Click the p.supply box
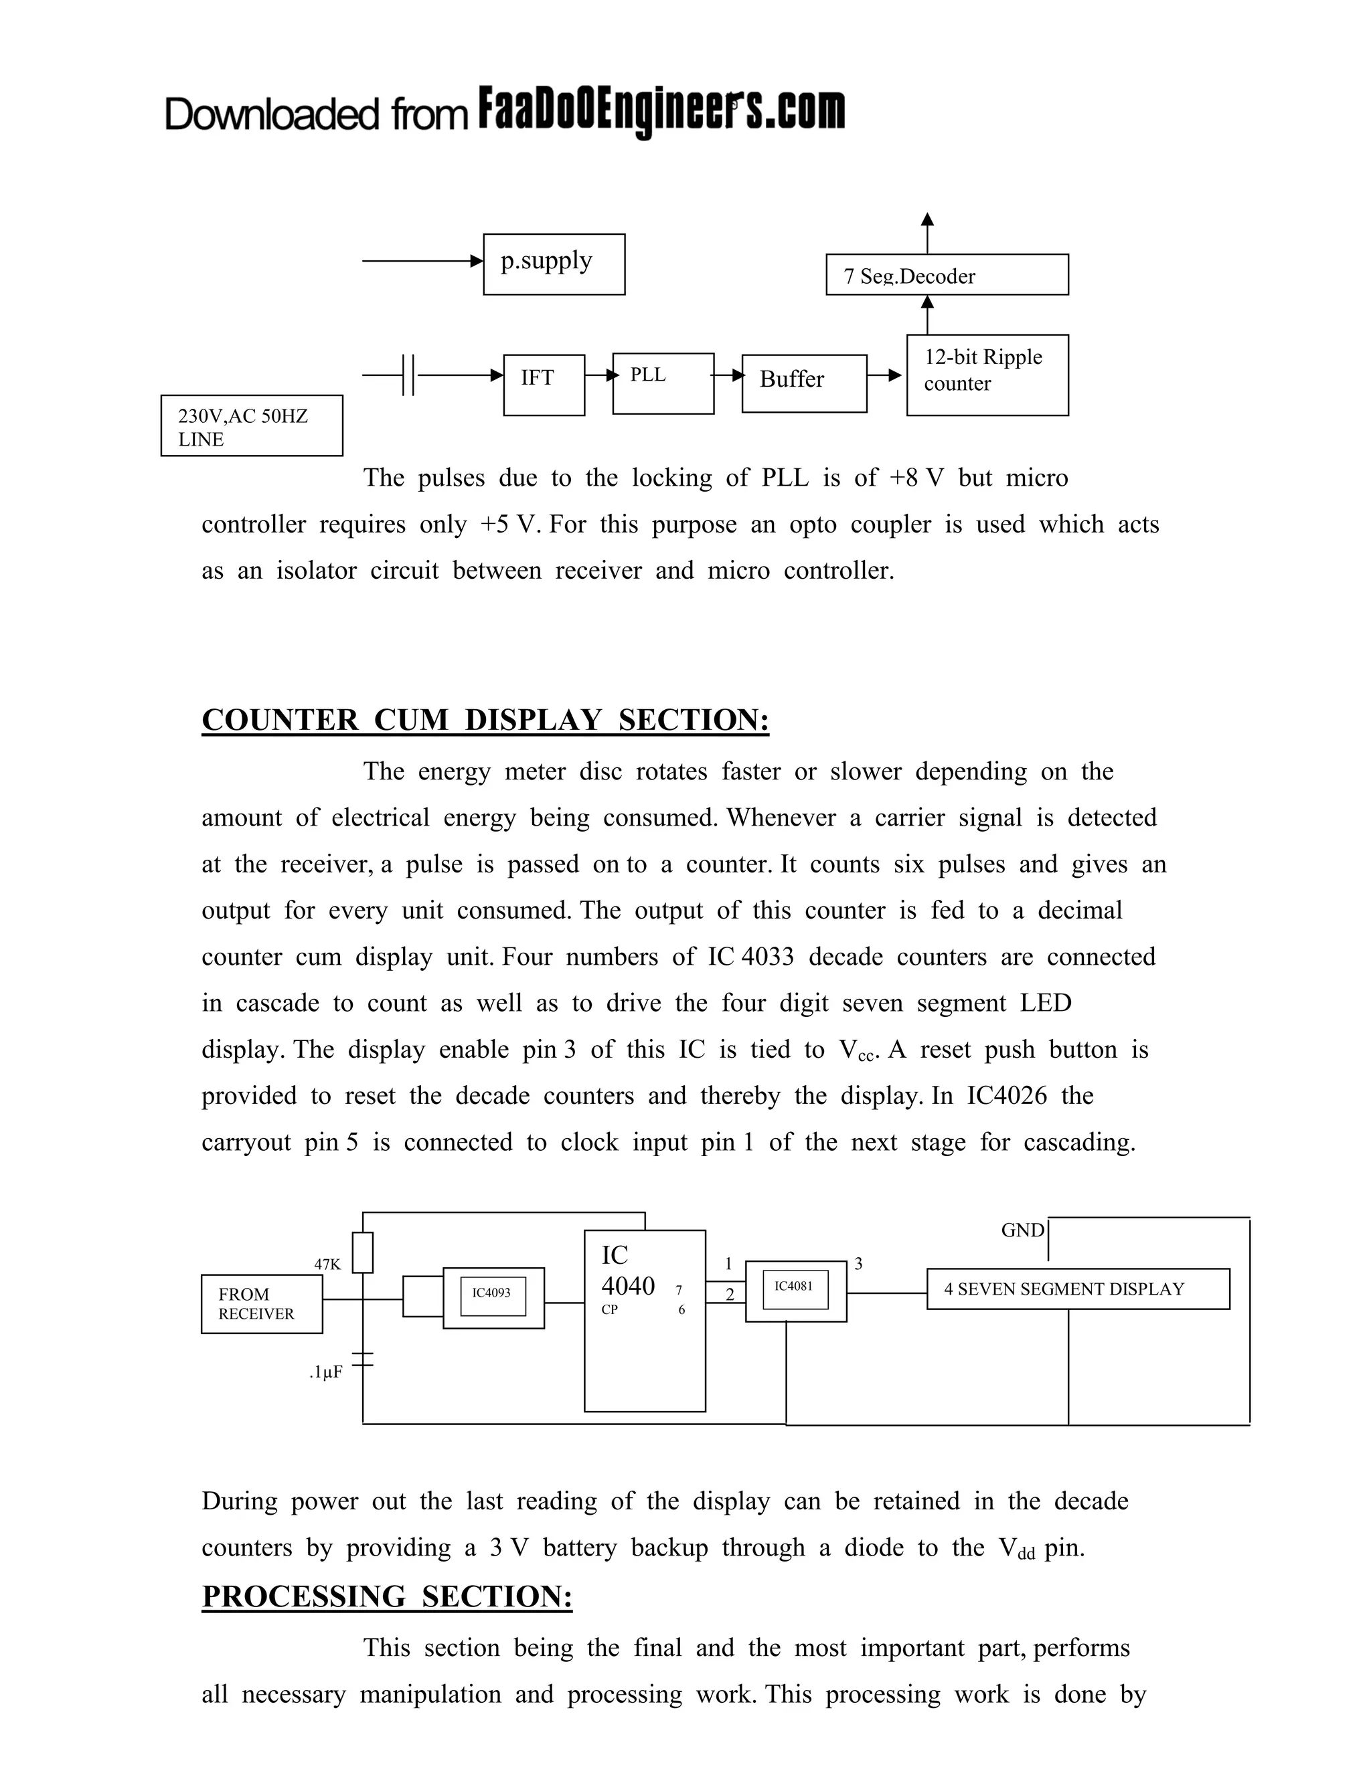click(x=554, y=264)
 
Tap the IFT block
click(x=544, y=385)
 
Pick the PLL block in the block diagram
click(x=663, y=383)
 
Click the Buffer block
click(x=803, y=383)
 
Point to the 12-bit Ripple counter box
click(x=987, y=375)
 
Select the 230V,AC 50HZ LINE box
click(x=251, y=426)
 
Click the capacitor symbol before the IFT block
click(x=408, y=375)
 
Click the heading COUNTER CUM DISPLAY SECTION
click(x=485, y=721)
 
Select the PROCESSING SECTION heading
click(x=387, y=1597)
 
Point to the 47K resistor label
click(x=327, y=1264)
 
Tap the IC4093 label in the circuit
click(x=491, y=1293)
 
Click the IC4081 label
click(x=793, y=1286)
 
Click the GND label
click(x=1022, y=1230)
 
